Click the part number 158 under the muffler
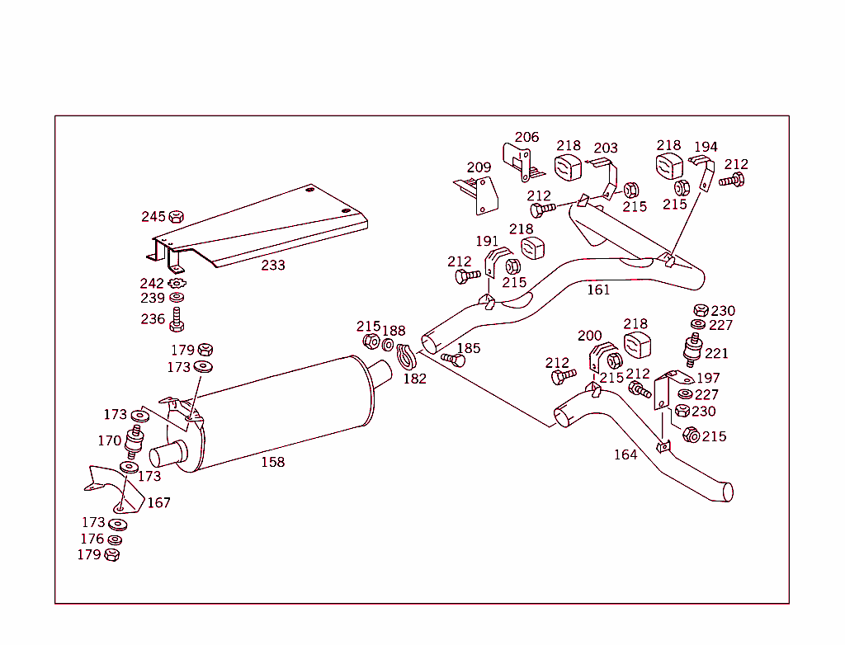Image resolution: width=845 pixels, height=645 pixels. tap(272, 462)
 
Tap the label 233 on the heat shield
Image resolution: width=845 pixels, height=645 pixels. tap(273, 265)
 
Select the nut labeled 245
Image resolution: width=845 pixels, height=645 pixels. tap(176, 217)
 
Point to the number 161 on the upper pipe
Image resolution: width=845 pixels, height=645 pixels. tap(598, 290)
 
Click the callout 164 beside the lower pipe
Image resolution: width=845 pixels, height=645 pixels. tap(625, 454)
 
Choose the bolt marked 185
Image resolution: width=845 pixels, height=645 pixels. tap(453, 360)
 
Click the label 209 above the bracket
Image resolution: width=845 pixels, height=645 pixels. tap(479, 167)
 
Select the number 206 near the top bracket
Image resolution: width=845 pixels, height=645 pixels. tap(526, 137)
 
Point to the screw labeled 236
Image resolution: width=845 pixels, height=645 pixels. tap(176, 318)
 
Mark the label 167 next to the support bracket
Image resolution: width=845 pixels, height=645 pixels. tap(158, 502)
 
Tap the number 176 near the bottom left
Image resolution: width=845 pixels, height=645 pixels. tap(92, 539)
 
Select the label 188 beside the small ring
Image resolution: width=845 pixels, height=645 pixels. tap(394, 331)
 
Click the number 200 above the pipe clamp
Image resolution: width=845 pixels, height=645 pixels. tap(590, 336)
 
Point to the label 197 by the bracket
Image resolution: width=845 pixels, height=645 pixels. tap(708, 378)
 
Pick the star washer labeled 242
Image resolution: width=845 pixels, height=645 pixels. tap(176, 284)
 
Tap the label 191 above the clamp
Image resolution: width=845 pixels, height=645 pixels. tap(487, 241)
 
